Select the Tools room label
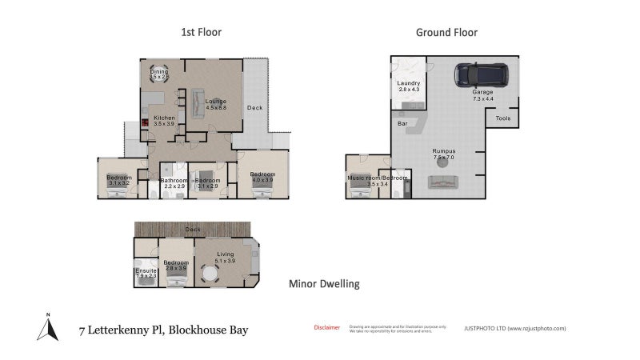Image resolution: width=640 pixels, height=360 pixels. pyautogui.click(x=502, y=118)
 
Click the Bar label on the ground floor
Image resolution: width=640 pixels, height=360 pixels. pyautogui.click(x=402, y=124)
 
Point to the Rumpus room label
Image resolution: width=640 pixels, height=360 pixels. pyautogui.click(x=443, y=154)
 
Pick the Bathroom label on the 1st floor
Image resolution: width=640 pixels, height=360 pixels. pyautogui.click(x=174, y=182)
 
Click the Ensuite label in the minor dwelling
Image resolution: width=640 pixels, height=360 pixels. pyautogui.click(x=146, y=271)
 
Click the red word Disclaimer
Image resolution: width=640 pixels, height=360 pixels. pyautogui.click(x=326, y=327)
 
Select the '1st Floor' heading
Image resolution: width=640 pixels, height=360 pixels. pyautogui.click(x=200, y=33)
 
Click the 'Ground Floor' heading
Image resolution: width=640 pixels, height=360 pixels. pyautogui.click(x=446, y=33)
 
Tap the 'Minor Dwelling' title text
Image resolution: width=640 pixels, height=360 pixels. pyautogui.click(x=324, y=283)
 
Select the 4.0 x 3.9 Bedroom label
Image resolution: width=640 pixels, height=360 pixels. pyautogui.click(x=262, y=177)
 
